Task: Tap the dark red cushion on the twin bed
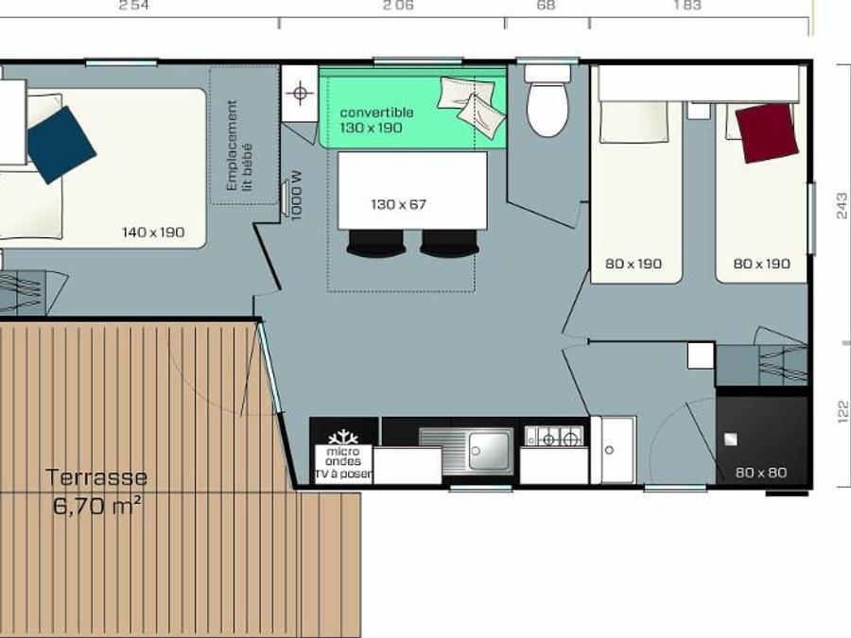pyautogui.click(x=766, y=133)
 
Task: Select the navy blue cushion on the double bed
pyautogui.click(x=61, y=145)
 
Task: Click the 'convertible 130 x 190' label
pyautogui.click(x=376, y=120)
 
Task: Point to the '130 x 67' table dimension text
pyautogui.click(x=398, y=204)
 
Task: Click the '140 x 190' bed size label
pyautogui.click(x=153, y=233)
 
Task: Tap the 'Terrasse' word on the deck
pyautogui.click(x=96, y=477)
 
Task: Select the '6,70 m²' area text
pyautogui.click(x=97, y=507)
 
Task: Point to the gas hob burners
pyautogui.click(x=553, y=436)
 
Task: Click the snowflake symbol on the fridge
pyautogui.click(x=343, y=438)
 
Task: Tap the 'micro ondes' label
pyautogui.click(x=343, y=457)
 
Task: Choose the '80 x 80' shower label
pyautogui.click(x=761, y=473)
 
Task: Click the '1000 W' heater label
pyautogui.click(x=296, y=196)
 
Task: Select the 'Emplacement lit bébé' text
pyautogui.click(x=239, y=146)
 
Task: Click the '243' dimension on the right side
pyautogui.click(x=842, y=206)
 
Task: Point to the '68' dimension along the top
pyautogui.click(x=546, y=6)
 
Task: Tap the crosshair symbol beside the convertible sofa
pyautogui.click(x=300, y=93)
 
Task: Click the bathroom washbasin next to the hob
pyautogui.click(x=614, y=450)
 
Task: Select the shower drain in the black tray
pyautogui.click(x=731, y=439)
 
